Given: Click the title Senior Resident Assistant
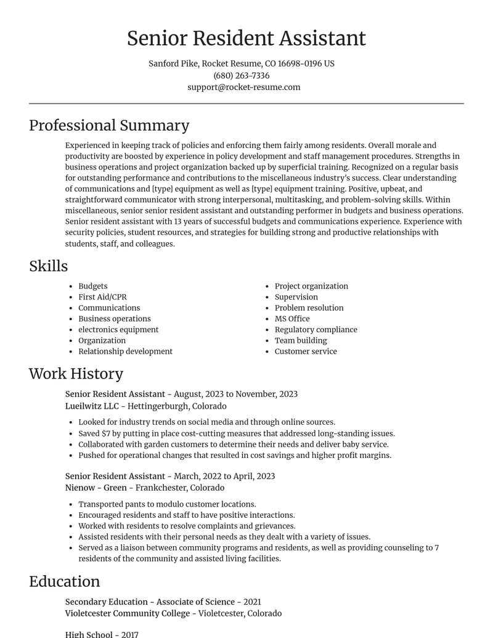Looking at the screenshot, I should coord(246,38).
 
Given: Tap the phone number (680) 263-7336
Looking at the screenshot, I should coord(242,75).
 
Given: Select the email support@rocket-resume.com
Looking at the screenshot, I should coord(244,87).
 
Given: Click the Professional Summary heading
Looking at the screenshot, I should coord(109,125).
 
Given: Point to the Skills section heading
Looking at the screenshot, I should coord(48,266).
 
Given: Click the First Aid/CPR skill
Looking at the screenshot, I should coord(102,297).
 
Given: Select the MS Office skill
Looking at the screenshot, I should coord(292,319).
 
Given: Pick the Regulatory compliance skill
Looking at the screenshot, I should coord(316,330).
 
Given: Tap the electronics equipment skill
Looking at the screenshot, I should coord(118,330).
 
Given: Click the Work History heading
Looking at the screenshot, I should coord(76,374).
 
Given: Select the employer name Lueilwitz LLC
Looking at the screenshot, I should coord(92,406).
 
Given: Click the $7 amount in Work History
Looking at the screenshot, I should coord(106,433).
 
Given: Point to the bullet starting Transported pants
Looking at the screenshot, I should coord(166,504).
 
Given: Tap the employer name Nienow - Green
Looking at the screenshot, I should coord(96,488).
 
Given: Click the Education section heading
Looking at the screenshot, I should coord(64,581).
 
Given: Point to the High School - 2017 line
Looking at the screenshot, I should coord(102,634).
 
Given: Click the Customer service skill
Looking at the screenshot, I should coord(306,351).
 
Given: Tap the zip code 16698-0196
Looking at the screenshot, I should coord(299,63).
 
